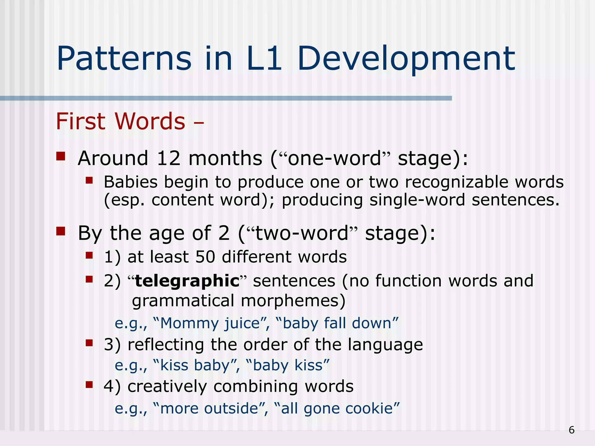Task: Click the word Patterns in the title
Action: (124, 59)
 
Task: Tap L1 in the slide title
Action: (264, 59)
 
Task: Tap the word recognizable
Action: (456, 182)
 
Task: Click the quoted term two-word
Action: (302, 233)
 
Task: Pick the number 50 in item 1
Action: (205, 257)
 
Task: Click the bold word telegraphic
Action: (187, 281)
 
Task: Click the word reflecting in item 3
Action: (166, 345)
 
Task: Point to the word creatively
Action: (167, 387)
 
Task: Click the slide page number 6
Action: (571, 430)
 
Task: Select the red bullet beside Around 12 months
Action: (61, 157)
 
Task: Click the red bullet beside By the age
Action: (61, 231)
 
